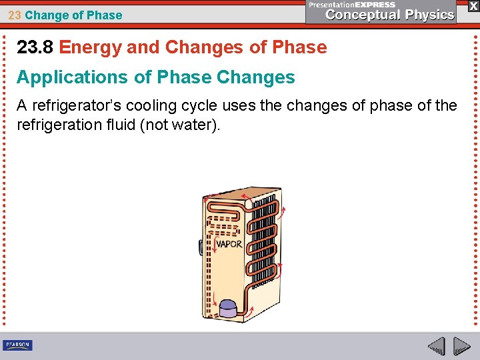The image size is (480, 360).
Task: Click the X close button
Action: click(x=473, y=5)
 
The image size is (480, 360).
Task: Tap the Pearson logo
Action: click(x=17, y=345)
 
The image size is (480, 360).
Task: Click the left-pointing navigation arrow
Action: click(x=436, y=347)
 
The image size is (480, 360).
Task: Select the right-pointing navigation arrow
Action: click(x=462, y=347)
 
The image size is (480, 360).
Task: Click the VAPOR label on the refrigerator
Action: click(x=229, y=244)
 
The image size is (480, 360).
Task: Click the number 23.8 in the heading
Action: click(x=35, y=47)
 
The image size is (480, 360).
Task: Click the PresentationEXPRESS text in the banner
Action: click(x=352, y=5)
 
